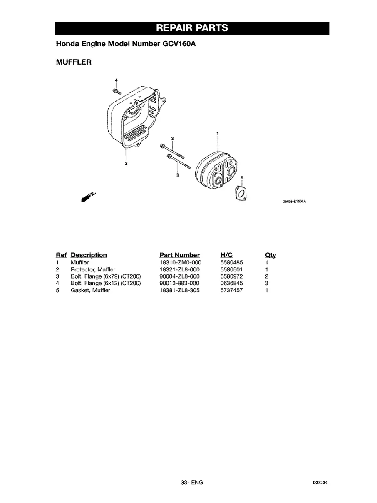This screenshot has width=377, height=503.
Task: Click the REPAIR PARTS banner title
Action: coord(192,28)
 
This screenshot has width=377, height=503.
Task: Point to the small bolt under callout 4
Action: coord(117,90)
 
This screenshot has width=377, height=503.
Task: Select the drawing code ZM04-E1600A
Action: coord(295,202)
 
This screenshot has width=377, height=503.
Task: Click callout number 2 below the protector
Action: coord(126,163)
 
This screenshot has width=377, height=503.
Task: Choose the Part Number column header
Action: coord(179,255)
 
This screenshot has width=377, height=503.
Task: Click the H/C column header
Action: coord(227,255)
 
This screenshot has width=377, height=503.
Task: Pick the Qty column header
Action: coord(270,255)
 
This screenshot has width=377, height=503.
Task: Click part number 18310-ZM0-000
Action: coord(179,263)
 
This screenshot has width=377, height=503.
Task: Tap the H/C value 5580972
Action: coord(231,276)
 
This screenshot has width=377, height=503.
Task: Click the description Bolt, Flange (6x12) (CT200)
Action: coord(106,284)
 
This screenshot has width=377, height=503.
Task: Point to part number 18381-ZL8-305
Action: coord(179,291)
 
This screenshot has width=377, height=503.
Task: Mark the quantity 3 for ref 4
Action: coord(267,284)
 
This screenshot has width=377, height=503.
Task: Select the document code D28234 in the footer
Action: coord(321,483)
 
